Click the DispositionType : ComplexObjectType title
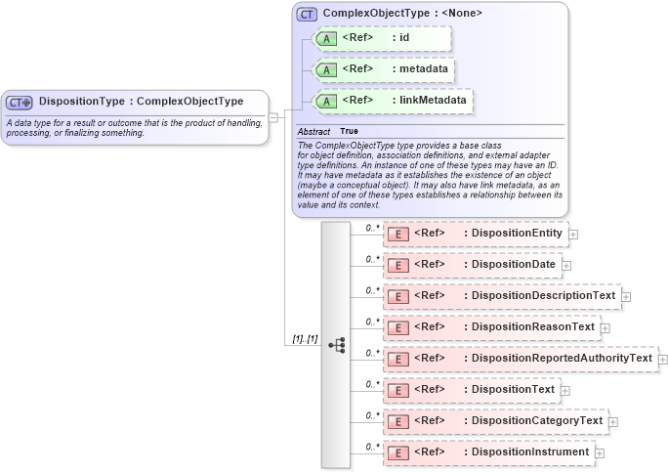[141, 101]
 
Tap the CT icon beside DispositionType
[21, 102]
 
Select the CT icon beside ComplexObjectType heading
[307, 14]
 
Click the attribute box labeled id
[381, 39]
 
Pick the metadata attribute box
[383, 70]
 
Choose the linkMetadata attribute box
[392, 100]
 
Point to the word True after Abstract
[349, 131]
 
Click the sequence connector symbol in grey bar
[337, 345]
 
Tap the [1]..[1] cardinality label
[305, 338]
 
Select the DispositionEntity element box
[476, 234]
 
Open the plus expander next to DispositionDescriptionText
[626, 296]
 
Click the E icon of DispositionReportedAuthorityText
[397, 359]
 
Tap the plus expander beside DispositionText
[565, 391]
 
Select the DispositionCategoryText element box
[495, 421]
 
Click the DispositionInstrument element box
[488, 452]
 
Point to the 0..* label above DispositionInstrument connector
[372, 447]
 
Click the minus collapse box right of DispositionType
[274, 117]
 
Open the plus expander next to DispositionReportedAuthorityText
[663, 360]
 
